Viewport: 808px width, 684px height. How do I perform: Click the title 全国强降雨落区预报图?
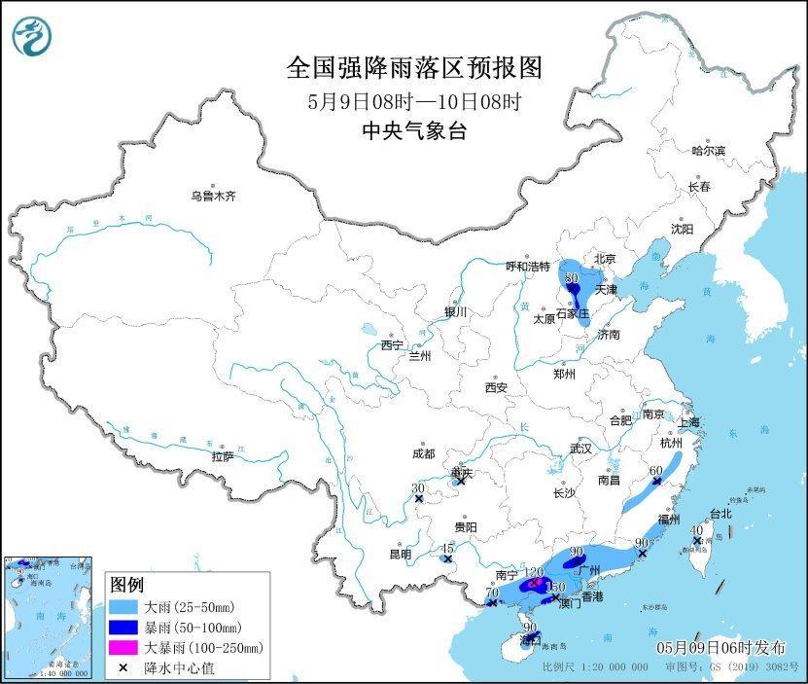413,68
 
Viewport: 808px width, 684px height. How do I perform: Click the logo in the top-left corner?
31,36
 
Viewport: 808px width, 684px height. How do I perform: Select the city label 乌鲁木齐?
213,197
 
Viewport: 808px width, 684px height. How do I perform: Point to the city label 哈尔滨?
708,151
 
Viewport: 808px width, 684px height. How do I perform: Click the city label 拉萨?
222,456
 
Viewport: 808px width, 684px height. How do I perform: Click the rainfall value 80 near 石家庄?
571,277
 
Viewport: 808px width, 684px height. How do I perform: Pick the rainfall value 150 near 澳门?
555,587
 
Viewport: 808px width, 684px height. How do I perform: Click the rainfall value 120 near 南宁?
533,572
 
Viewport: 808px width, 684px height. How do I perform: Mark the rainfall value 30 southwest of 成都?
418,488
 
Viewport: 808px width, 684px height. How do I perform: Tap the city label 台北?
720,513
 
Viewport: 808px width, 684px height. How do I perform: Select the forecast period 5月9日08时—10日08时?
413,100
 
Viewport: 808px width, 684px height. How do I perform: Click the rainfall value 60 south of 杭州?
656,470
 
